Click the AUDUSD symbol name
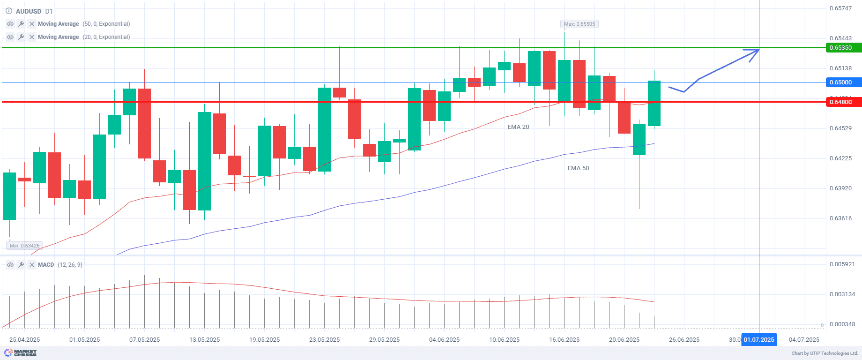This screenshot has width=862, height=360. click(x=29, y=11)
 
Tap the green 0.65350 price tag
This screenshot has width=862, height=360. click(x=843, y=48)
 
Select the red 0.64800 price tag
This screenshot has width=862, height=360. click(x=843, y=102)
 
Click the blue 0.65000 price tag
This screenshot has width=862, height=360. click(x=843, y=82)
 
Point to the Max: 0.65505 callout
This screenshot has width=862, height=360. click(x=580, y=24)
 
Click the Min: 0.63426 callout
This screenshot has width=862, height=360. click(x=24, y=246)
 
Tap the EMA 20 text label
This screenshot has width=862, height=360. click(x=518, y=127)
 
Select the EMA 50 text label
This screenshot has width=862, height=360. click(x=578, y=168)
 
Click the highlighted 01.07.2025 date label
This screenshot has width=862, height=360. click(x=759, y=340)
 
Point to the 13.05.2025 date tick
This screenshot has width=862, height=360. click(x=205, y=340)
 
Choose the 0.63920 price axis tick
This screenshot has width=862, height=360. click(x=840, y=188)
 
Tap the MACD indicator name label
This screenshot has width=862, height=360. click(x=46, y=265)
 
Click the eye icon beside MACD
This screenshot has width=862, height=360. click(x=10, y=265)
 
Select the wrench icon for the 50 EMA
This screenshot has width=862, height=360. click(x=21, y=24)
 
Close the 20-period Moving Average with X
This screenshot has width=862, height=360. click(x=32, y=37)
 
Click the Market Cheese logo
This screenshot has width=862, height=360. click(x=20, y=352)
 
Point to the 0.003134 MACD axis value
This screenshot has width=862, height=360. click(x=842, y=294)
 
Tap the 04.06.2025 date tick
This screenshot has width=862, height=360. click(x=444, y=340)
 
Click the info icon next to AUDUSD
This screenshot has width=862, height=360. click(x=9, y=11)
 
